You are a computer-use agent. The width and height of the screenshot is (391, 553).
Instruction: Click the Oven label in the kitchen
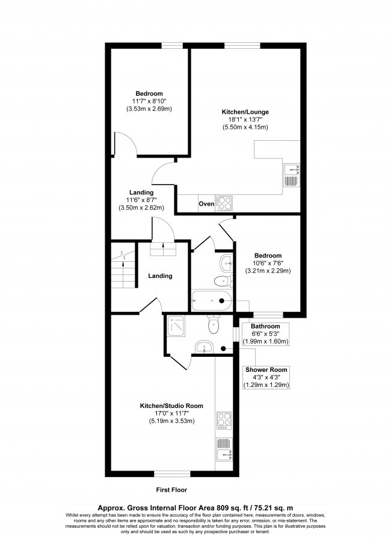(x=206, y=204)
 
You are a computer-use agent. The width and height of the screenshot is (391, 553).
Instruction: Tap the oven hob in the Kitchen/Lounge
(x=224, y=204)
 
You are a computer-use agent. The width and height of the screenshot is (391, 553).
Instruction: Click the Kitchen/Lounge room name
(x=245, y=112)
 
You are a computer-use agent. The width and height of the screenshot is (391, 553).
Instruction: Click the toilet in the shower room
(x=212, y=326)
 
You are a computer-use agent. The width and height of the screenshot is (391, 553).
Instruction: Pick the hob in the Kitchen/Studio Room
(x=223, y=418)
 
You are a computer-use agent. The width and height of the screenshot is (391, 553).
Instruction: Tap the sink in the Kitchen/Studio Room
(x=223, y=450)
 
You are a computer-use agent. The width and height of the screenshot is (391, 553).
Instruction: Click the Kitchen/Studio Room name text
(x=171, y=406)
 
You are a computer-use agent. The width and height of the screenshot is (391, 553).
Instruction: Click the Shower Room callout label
(x=266, y=369)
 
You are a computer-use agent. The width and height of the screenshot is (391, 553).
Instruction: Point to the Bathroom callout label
(x=265, y=326)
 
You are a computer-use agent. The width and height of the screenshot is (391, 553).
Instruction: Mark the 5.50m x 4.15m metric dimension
(x=245, y=127)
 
